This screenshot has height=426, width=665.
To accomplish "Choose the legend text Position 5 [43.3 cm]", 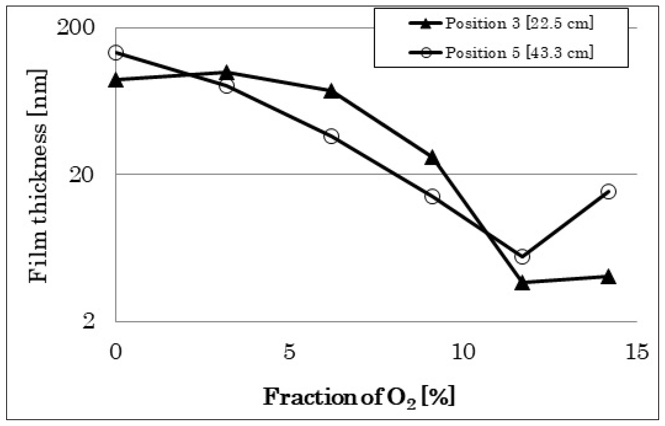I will [x=519, y=53].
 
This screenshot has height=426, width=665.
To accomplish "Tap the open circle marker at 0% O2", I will [x=116, y=52].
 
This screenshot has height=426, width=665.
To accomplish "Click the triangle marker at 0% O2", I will [x=116, y=81].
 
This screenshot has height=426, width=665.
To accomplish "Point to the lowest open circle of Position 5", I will [x=522, y=256].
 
